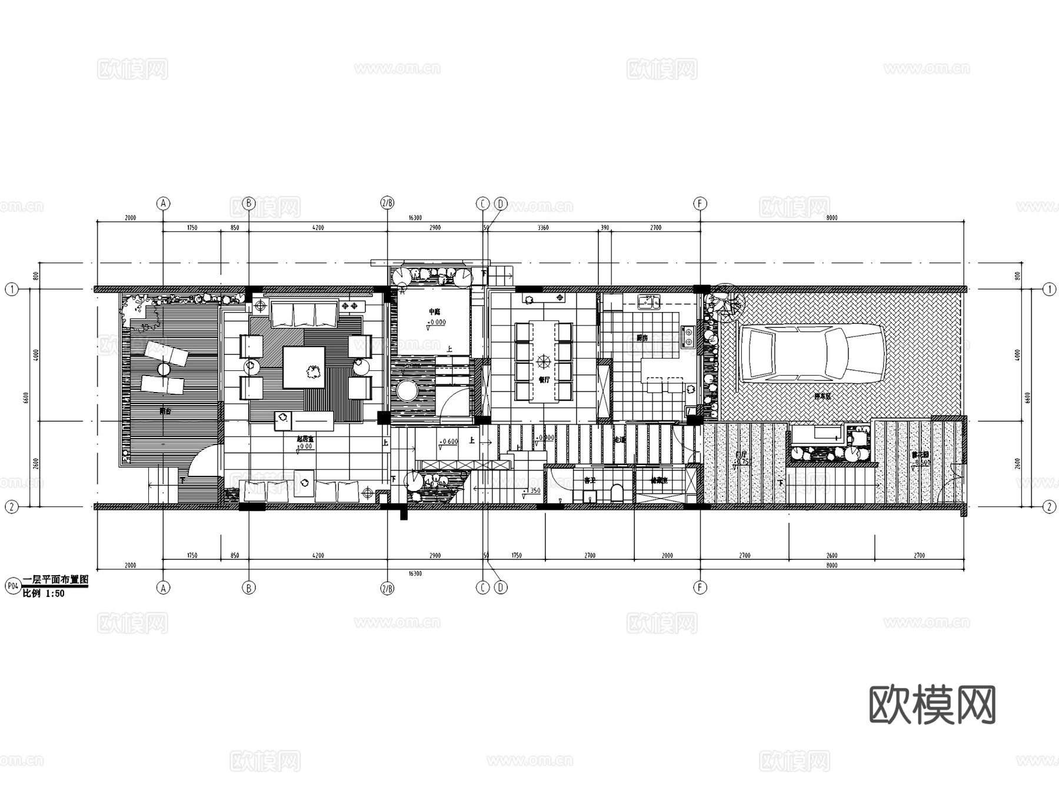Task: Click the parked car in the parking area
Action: [812, 353]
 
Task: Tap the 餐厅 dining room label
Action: [544, 380]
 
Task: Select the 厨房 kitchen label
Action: [642, 338]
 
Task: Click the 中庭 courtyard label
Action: [434, 311]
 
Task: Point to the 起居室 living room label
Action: [304, 439]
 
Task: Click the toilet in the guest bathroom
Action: [617, 493]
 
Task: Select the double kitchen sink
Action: [649, 304]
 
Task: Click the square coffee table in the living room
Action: [304, 367]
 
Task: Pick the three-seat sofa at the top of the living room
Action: [304, 313]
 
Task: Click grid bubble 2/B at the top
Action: [387, 204]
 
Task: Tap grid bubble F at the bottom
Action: [700, 588]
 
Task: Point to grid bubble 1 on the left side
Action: [11, 289]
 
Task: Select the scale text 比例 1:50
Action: [44, 594]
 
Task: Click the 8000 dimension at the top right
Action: [831, 218]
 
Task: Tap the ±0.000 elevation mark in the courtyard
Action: [436, 323]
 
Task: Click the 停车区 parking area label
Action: [822, 397]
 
